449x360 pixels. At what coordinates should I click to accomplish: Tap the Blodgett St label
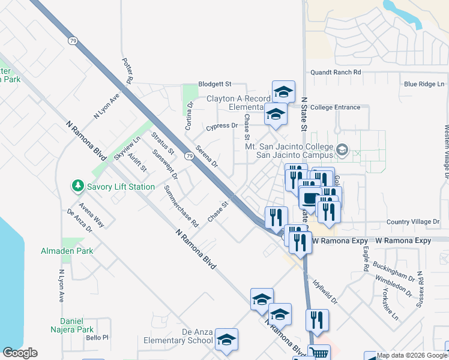click(215, 85)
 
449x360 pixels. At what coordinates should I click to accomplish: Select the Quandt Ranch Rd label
click(336, 72)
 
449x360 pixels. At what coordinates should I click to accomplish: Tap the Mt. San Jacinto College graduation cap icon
click(342, 149)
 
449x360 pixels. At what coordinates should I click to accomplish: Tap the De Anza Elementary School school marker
click(226, 340)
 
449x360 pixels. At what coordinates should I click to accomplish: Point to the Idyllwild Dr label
click(323, 290)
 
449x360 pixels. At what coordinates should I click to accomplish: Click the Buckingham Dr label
click(394, 271)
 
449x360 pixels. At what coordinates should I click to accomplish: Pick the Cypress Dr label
click(221, 126)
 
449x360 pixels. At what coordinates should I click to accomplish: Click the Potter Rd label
click(127, 70)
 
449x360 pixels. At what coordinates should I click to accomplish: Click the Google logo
click(20, 353)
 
